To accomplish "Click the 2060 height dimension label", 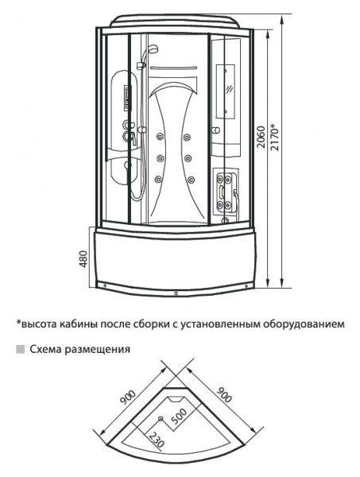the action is coord(261,138).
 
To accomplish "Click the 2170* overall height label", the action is coord(274,136).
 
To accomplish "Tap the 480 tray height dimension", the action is coord(84,259).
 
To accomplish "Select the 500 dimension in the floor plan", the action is coord(179,417).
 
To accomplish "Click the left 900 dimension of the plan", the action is coord(128,398).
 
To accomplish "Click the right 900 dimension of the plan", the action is coord(224,394).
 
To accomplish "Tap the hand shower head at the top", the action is coord(153,48).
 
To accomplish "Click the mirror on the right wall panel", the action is coord(226,91).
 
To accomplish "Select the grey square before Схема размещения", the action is coord(21,349).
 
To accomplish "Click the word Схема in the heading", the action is coord(45,349).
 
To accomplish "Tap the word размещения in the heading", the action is coord(97,350).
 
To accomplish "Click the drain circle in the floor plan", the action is coord(161,419).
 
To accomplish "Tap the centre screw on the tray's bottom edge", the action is coord(176,293).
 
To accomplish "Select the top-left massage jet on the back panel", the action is coord(159,138).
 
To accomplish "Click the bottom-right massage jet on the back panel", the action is coord(191,179).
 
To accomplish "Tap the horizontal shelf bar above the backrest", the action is coord(174,68).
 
